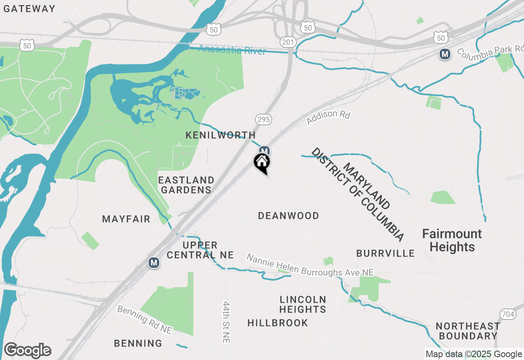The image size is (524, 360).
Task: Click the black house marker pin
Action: pyautogui.click(x=262, y=163)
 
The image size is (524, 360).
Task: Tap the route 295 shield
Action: pyautogui.click(x=263, y=119)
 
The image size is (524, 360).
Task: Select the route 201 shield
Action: pyautogui.click(x=288, y=42)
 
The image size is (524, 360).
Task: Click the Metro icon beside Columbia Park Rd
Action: pyautogui.click(x=445, y=54)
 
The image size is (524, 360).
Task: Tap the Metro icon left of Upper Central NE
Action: pyautogui.click(x=154, y=262)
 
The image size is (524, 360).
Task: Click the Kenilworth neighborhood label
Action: pyautogui.click(x=221, y=135)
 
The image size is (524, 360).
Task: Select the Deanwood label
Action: pyautogui.click(x=289, y=216)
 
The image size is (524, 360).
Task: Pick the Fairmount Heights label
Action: pyautogui.click(x=452, y=240)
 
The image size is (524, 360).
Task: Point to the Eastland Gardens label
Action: pyautogui.click(x=186, y=185)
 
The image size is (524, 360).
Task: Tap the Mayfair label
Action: pyautogui.click(x=126, y=219)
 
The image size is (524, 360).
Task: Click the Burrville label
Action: pyautogui.click(x=385, y=253)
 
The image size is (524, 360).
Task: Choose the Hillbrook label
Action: pyautogui.click(x=278, y=323)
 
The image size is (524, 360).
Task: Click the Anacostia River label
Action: pyautogui.click(x=232, y=50)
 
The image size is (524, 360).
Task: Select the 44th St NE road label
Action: pyautogui.click(x=227, y=323)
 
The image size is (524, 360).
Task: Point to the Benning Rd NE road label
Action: pyautogui.click(x=145, y=319)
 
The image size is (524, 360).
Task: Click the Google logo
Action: pyautogui.click(x=27, y=351)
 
